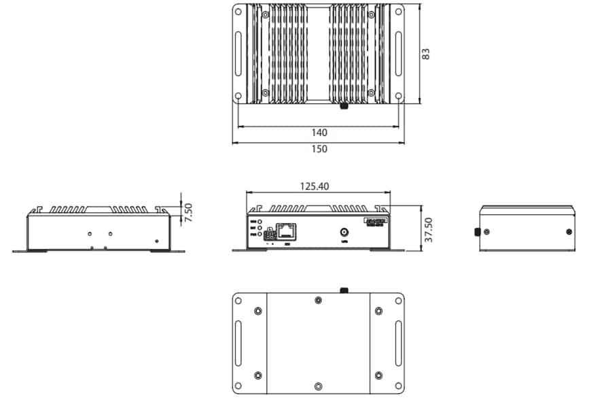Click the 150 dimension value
pos(319,149)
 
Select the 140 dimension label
pos(319,132)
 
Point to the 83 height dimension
pos(426,54)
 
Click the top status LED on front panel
pos(259,222)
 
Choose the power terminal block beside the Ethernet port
pos(270,233)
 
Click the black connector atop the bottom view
pos(344,290)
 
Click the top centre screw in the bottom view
pos(319,300)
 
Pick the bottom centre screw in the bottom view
pos(319,386)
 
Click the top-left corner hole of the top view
pos(238,12)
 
